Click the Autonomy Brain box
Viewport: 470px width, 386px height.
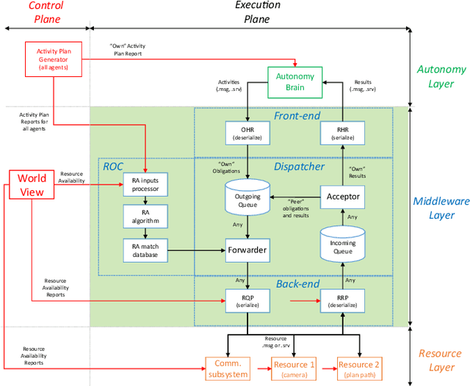click(295, 81)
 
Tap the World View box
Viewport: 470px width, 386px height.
click(32, 185)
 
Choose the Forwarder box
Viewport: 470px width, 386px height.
click(247, 250)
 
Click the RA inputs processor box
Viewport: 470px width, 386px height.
click(145, 183)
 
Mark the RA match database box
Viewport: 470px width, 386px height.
click(145, 250)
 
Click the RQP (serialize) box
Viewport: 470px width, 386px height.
click(247, 300)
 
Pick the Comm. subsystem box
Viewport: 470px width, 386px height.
click(228, 366)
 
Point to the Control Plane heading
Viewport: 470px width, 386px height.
click(46, 12)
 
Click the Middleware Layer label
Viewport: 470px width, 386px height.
click(441, 209)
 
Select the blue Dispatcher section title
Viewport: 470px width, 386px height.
click(299, 167)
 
